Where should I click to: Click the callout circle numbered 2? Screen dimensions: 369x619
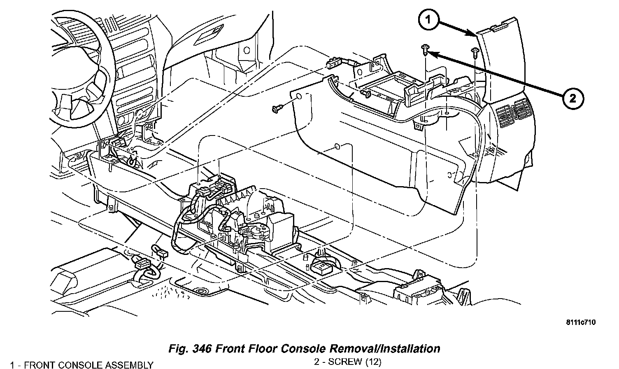[x=572, y=98]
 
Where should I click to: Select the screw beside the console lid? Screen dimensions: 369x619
[x=475, y=52]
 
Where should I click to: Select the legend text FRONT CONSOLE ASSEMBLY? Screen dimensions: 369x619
[x=88, y=365]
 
